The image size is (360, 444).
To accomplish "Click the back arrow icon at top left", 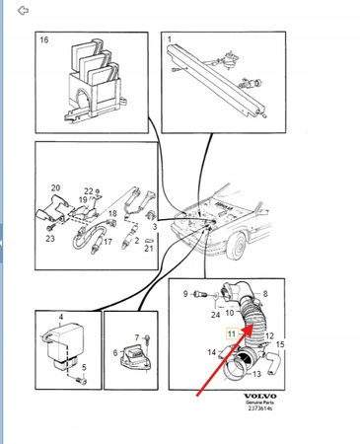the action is click(23, 11).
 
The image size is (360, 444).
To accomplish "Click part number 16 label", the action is click(44, 39).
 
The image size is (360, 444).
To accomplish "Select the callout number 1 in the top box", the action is click(170, 39).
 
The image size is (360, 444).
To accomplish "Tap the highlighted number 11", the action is click(232, 333).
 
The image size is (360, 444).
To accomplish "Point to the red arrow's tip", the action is click(252, 325).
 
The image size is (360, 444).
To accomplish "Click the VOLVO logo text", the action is click(259, 396).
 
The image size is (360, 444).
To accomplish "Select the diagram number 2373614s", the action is click(259, 408).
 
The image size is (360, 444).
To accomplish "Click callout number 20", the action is click(55, 187).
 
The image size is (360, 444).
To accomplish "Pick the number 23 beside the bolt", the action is click(50, 238).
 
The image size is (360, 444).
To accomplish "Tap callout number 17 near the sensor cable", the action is click(108, 242).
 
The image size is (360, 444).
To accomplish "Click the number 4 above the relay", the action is click(61, 317).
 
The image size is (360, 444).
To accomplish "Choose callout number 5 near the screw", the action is click(84, 367).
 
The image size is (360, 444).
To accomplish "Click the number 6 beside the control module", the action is click(115, 353).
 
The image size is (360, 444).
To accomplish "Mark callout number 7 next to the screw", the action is click(137, 337).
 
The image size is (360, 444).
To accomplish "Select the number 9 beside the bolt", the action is click(185, 294).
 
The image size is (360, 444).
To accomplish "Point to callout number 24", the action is click(215, 315).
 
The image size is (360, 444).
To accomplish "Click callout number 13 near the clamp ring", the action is click(256, 374).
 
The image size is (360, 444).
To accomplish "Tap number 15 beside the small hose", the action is click(280, 344).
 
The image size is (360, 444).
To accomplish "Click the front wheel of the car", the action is click(238, 246).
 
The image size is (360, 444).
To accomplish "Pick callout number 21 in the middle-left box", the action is click(149, 249).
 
